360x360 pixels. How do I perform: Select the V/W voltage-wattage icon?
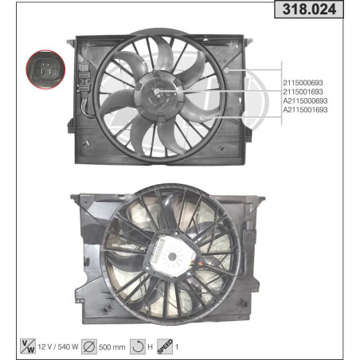pos(27,346)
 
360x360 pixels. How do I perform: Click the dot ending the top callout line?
pos(228,71)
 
